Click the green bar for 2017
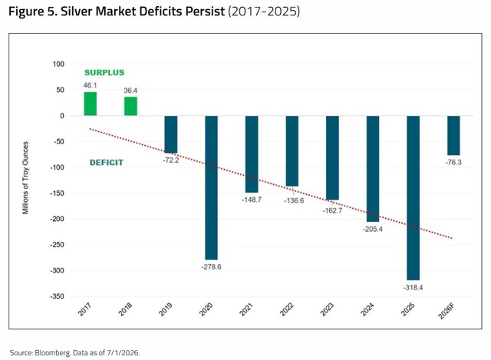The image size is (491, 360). [91, 104]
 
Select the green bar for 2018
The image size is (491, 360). [130, 106]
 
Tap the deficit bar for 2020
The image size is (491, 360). [212, 188]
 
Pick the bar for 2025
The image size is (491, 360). [413, 198]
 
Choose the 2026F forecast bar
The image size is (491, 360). [453, 135]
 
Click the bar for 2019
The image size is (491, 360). [171, 134]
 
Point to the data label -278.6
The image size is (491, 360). [212, 267]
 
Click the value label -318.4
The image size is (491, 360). [413, 287]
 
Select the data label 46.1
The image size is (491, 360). [91, 85]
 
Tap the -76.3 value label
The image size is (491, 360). [453, 162]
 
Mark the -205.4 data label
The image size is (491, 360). [373, 229]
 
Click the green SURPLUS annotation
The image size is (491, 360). [104, 73]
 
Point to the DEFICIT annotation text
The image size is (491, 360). [107, 163]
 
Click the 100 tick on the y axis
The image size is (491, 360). [58, 64]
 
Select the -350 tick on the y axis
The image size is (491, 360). [57, 296]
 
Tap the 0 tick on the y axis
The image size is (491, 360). [62, 116]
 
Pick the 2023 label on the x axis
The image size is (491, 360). [328, 309]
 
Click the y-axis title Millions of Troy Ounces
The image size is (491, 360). [25, 178]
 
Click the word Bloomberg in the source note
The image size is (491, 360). [52, 353]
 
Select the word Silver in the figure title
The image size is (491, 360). [77, 12]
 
